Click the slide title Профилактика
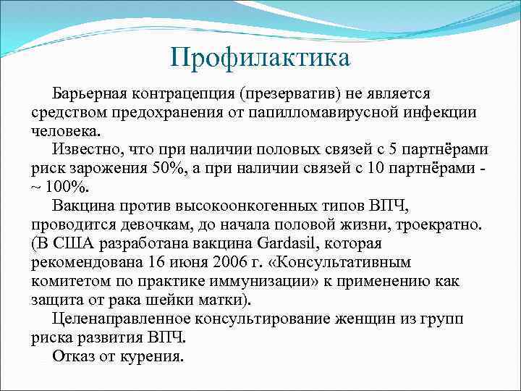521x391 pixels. click(x=260, y=56)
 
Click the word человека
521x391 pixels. click(x=67, y=132)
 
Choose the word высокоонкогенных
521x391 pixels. click(x=243, y=206)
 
